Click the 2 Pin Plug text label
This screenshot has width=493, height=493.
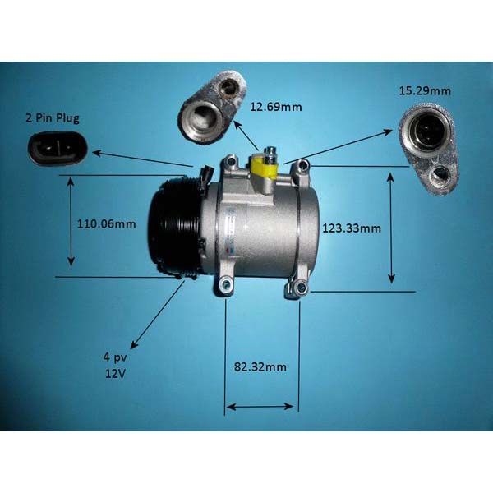53,118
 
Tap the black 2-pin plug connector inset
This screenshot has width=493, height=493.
58,149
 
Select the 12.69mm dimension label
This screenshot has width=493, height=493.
276,107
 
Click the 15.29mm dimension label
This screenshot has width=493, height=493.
425,91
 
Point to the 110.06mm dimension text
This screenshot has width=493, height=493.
107,224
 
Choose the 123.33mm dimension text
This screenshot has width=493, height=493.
352,228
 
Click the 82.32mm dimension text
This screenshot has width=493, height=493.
260,366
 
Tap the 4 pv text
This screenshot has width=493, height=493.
115,358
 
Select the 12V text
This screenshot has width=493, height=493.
115,374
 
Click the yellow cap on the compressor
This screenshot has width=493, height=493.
264,168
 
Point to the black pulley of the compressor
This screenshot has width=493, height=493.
175,227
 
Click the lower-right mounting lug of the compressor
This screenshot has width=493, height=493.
297,287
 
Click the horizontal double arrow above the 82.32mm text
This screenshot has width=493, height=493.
260,407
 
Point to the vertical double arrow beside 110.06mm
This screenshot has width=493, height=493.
71,222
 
